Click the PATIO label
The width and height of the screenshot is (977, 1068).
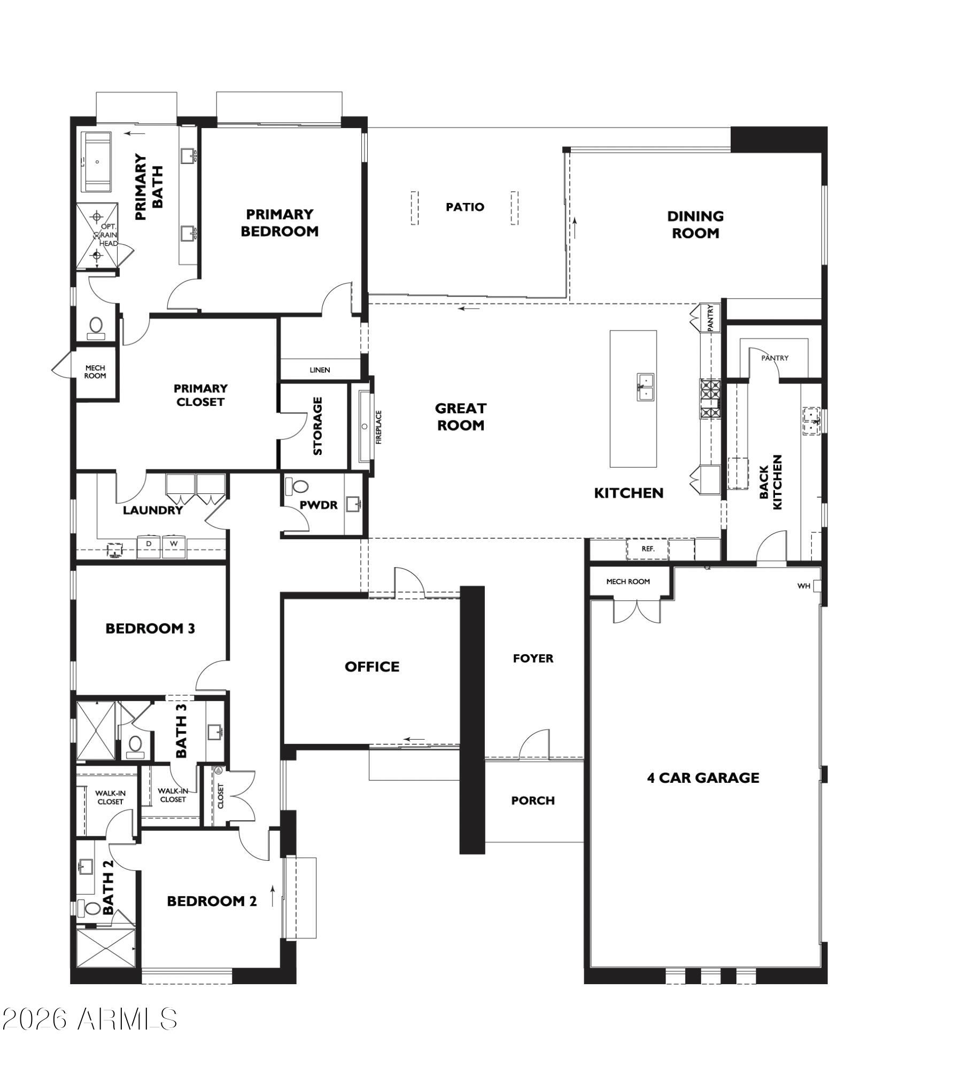tap(465, 207)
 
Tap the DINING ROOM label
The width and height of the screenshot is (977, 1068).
tap(695, 224)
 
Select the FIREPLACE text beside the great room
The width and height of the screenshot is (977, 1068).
tap(379, 427)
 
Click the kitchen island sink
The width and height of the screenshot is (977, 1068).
tap(645, 387)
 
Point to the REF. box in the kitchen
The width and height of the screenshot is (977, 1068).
tap(648, 548)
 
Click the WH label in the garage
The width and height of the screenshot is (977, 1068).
tap(804, 586)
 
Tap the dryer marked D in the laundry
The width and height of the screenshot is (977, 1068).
tap(149, 546)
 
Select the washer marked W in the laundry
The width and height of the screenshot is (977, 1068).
tap(174, 546)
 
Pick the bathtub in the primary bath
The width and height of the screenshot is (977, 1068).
tap(96, 161)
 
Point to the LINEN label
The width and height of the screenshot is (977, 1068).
tap(320, 370)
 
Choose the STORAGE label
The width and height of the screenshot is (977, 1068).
tap(317, 426)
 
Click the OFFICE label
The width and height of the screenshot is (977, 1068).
tap(372, 666)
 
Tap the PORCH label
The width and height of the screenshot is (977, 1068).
tap(533, 800)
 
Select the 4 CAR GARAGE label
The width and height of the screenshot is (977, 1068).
tap(703, 778)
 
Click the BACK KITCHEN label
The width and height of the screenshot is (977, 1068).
tap(770, 482)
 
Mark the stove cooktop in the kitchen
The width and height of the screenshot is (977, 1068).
tap(710, 398)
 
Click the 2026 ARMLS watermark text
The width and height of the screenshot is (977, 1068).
tap(89, 1019)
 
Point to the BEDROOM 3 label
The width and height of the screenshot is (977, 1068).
tap(150, 629)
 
